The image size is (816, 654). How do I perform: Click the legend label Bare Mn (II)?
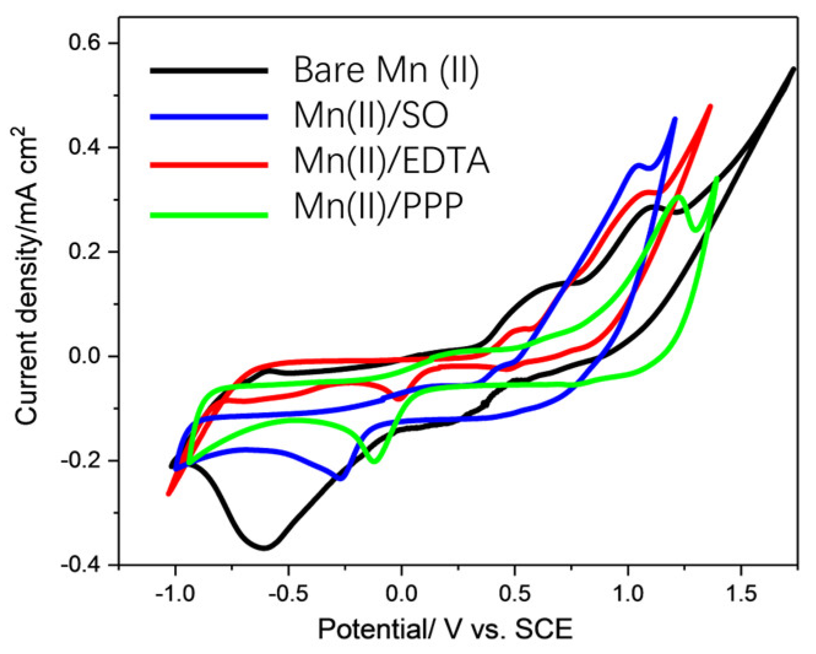(386, 71)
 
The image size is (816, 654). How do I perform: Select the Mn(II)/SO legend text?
(371, 116)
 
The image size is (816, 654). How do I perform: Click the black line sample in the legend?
(208, 71)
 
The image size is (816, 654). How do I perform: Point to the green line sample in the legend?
(208, 215)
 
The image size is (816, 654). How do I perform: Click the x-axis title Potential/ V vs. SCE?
(444, 629)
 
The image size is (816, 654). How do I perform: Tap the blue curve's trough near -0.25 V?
(340, 478)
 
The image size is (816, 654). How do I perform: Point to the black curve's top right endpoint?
(793, 69)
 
